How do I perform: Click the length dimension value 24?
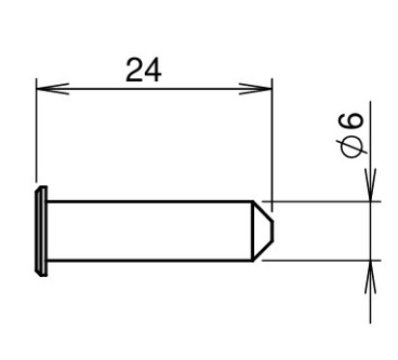[143, 70]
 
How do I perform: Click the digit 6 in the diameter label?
[352, 121]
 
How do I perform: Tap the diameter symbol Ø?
[353, 147]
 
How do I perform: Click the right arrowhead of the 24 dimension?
[255, 89]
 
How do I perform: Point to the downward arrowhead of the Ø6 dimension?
[370, 184]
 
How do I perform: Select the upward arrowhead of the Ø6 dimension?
[370, 277]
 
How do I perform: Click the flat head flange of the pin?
[42, 231]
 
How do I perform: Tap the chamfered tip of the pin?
[263, 231]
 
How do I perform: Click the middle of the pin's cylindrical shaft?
[150, 231]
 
